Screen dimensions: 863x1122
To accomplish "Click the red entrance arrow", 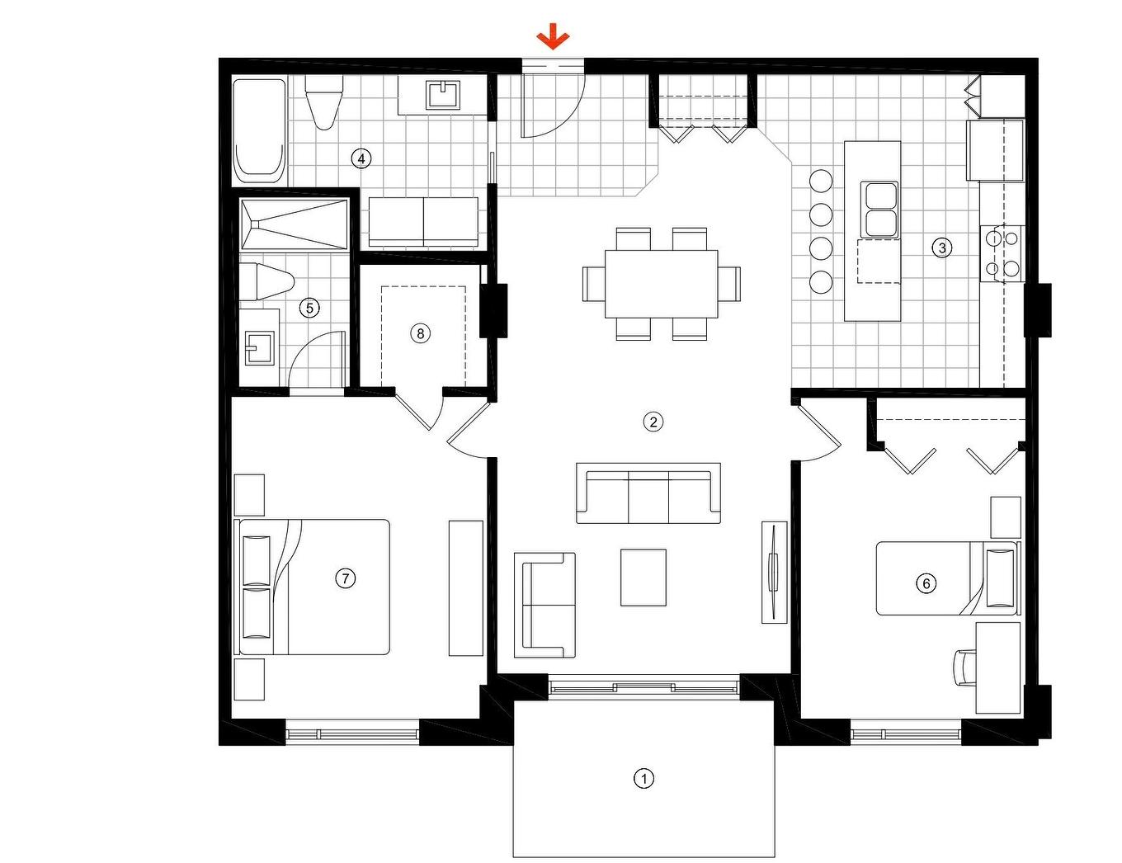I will tap(553, 37).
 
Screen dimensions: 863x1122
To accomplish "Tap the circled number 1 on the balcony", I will tap(643, 778).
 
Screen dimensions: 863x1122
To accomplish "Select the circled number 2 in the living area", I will tap(653, 422).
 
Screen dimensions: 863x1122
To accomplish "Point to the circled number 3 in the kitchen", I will tap(941, 247).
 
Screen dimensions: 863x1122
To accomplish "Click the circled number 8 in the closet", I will tap(421, 333).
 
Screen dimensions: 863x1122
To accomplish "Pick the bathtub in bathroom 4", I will tap(259, 130).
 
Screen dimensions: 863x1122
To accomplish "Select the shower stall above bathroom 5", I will tap(294, 224).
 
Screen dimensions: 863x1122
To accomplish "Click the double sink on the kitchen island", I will tap(880, 209).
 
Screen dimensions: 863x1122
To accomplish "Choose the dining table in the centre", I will tap(661, 284).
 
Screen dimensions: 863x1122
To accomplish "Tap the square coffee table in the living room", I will tap(643, 578).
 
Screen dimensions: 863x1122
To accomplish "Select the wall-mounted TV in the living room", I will tap(774, 571).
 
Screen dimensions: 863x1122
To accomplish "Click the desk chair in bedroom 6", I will tap(964, 667).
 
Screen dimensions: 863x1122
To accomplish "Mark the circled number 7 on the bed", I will tap(345, 578).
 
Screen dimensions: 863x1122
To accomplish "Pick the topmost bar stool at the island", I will tap(821, 181).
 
